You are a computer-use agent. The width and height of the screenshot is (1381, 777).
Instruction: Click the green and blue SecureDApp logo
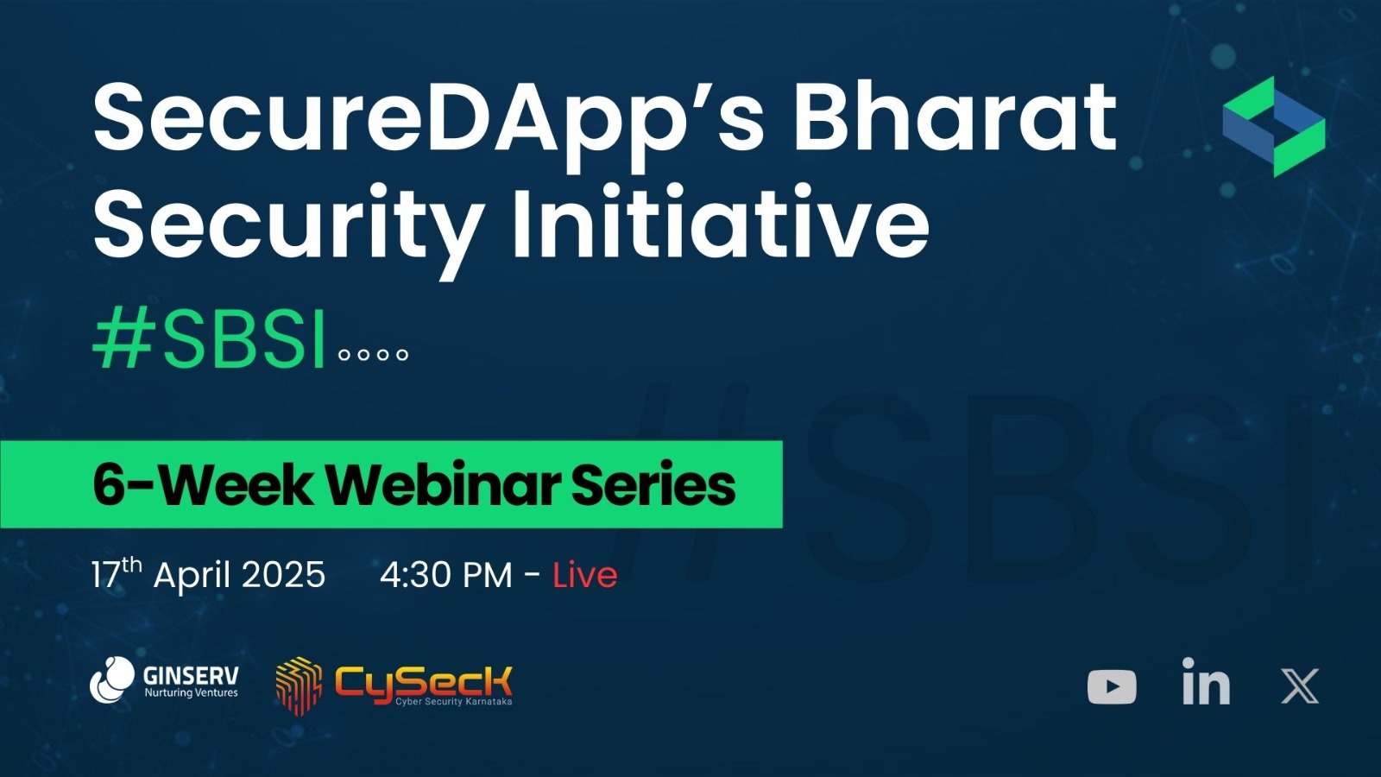[x=1274, y=126]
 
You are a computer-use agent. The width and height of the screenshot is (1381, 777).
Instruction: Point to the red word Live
[x=584, y=575]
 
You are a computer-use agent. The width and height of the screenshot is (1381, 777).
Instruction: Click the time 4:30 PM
[x=445, y=575]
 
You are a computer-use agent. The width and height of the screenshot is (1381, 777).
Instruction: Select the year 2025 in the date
[x=283, y=575]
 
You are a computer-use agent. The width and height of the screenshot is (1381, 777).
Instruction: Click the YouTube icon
[x=1112, y=686]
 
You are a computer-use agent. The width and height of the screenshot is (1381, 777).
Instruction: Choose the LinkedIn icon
[x=1206, y=681]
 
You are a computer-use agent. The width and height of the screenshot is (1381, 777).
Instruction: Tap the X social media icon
[x=1300, y=685]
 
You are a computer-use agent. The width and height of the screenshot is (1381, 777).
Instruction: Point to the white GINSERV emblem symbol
[x=112, y=679]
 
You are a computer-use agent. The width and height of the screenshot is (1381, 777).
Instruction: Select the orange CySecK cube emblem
[x=299, y=686]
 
